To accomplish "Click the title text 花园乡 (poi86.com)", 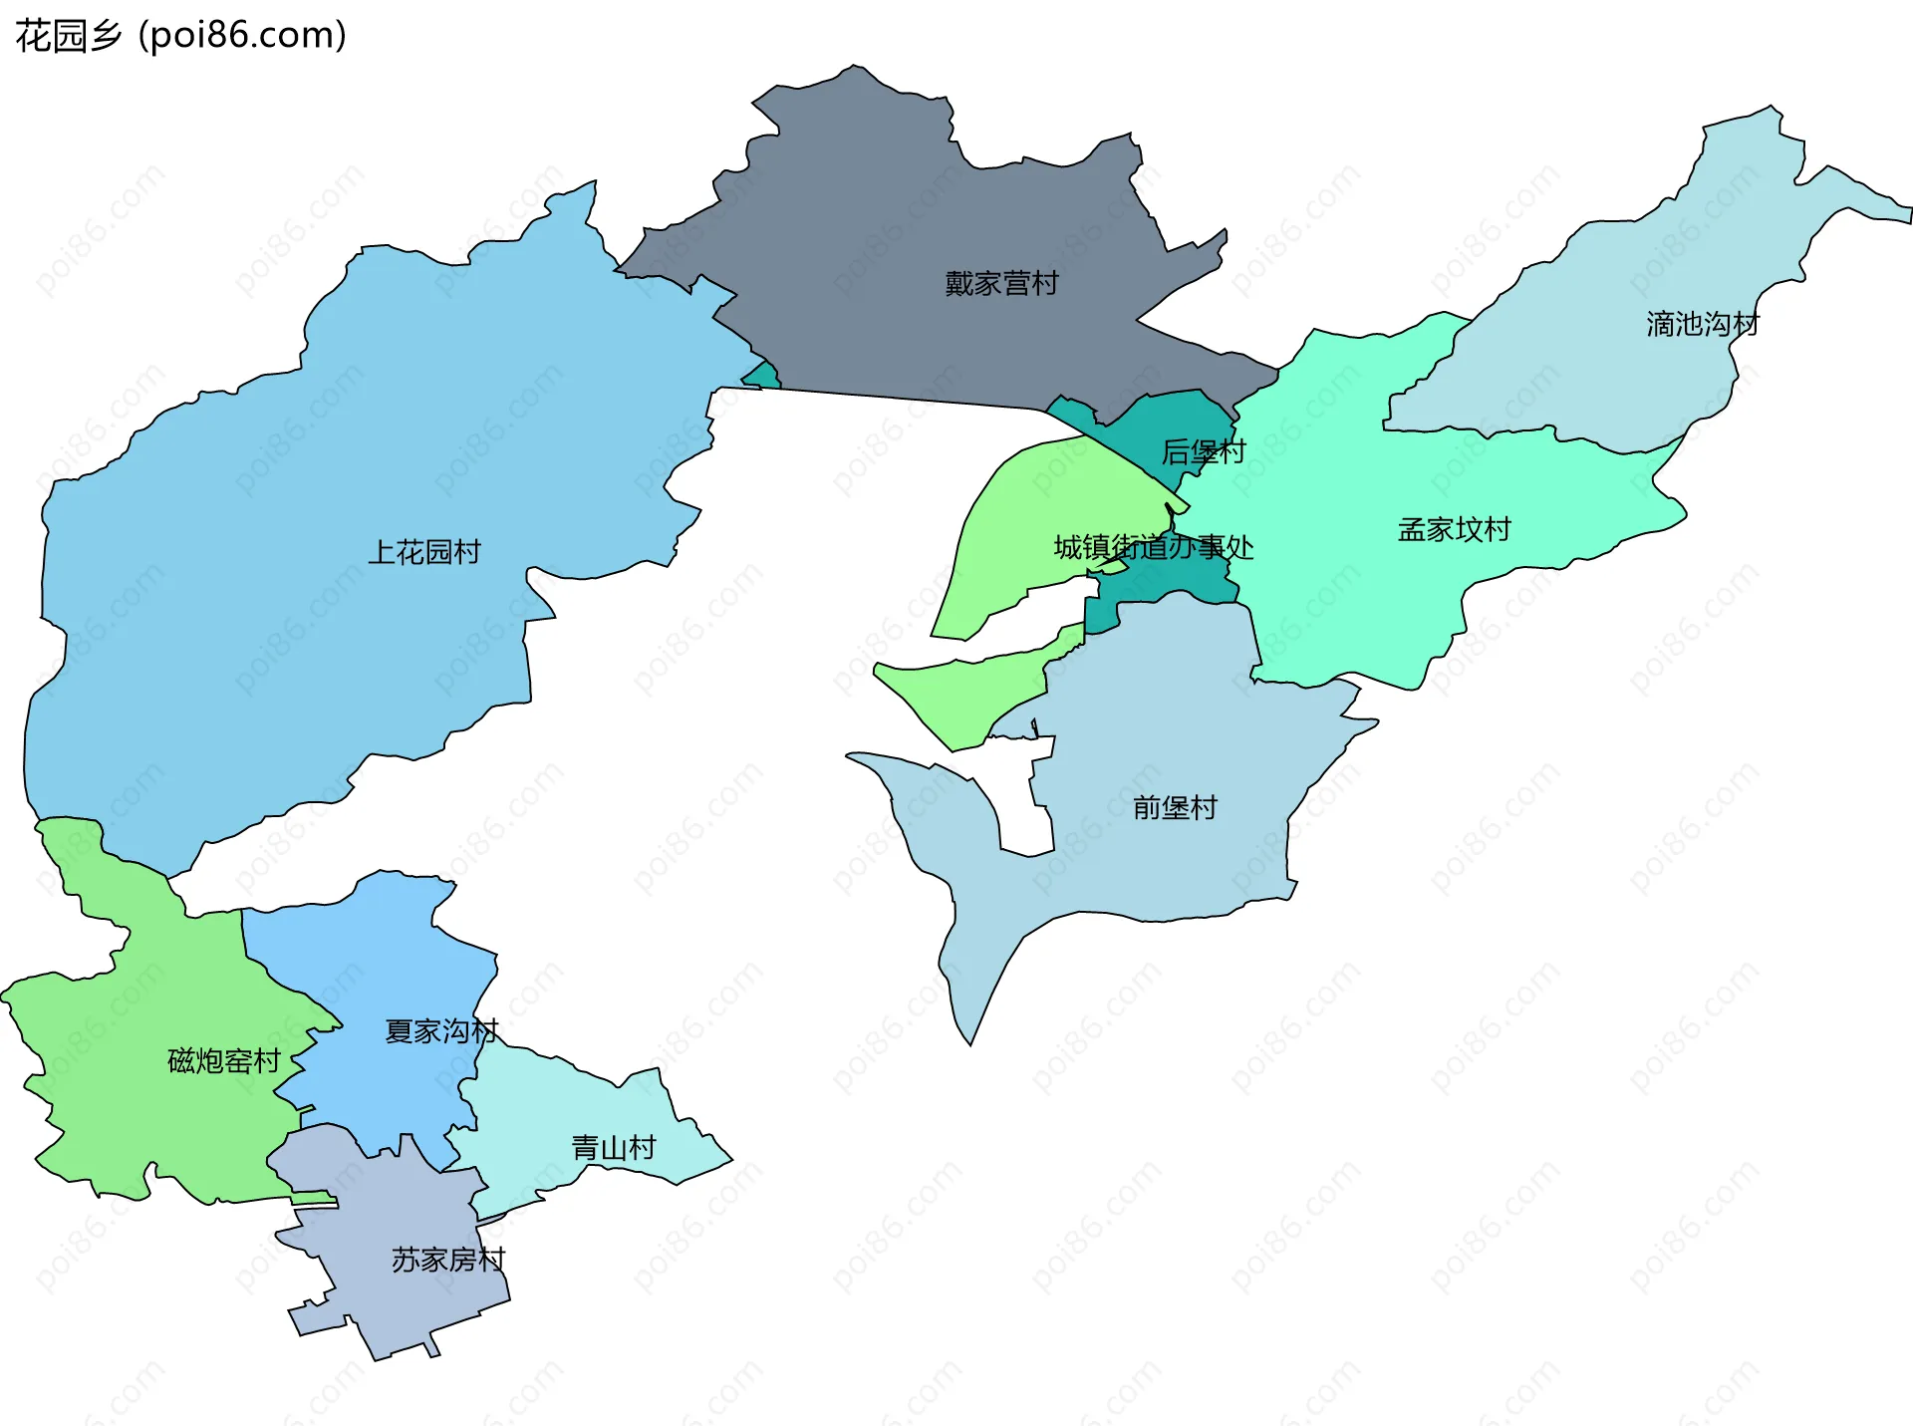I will click(180, 36).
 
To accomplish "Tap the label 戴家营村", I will click(1001, 284).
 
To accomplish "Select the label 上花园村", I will click(424, 552).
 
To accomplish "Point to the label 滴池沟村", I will click(1702, 324).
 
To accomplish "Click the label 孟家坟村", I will click(1454, 529).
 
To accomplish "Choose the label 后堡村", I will click(1204, 452).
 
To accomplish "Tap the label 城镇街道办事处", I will click(1154, 547).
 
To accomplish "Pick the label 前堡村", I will click(1175, 807).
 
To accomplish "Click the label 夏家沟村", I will click(441, 1031).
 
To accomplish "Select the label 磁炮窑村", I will click(224, 1060).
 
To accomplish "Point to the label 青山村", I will click(614, 1148).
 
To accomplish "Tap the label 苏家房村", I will click(448, 1260).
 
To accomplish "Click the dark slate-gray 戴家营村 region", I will click(897, 199).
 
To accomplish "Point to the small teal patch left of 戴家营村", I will click(764, 377).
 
